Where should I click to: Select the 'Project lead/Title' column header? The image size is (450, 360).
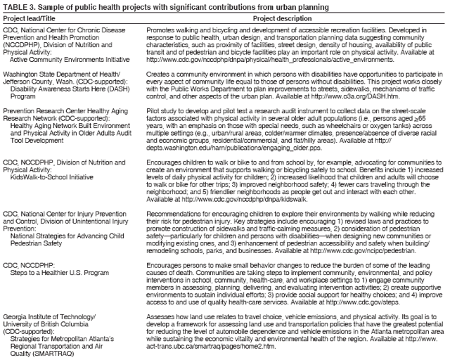tap(28, 18)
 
